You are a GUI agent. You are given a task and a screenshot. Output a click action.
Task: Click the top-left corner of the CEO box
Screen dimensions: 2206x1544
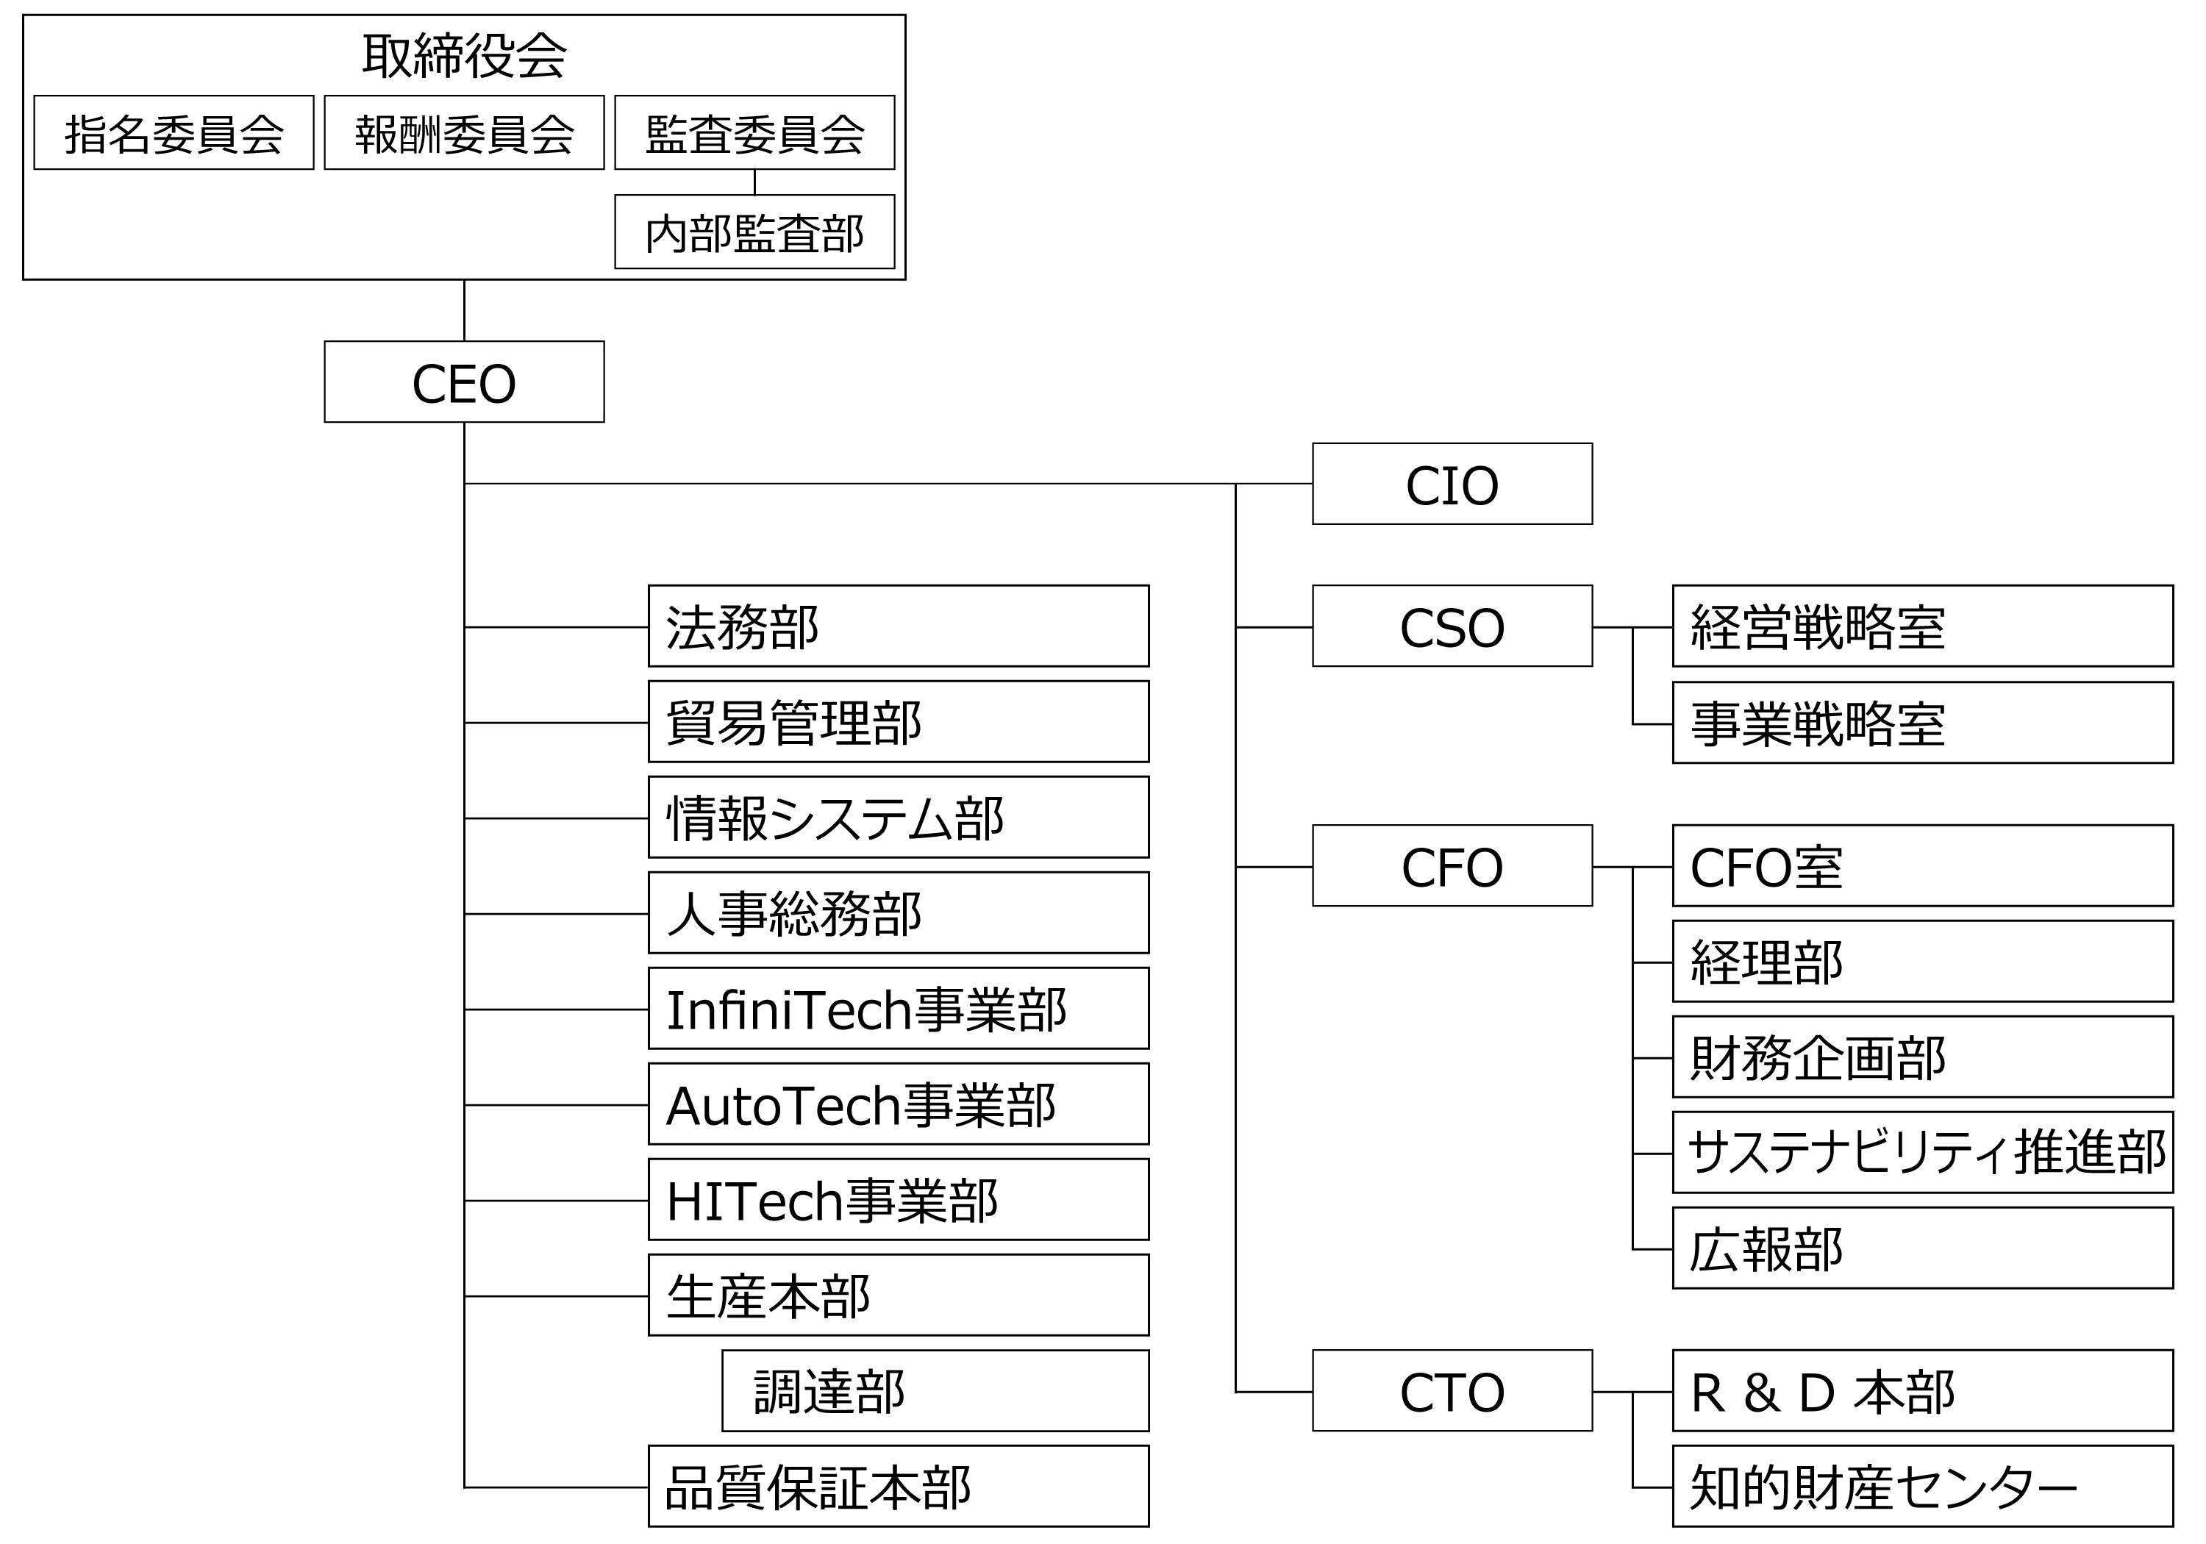(325, 341)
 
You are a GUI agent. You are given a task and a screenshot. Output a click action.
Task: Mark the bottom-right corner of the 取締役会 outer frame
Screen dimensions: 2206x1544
(905, 279)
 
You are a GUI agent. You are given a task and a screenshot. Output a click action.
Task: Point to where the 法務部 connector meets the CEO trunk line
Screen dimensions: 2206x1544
(464, 627)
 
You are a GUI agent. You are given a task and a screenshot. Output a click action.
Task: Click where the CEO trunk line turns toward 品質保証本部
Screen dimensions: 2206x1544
(464, 1487)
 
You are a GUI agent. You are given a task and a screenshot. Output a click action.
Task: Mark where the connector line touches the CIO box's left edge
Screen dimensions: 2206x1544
(1313, 485)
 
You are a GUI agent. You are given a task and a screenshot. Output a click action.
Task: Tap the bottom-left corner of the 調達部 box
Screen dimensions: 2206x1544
(723, 1431)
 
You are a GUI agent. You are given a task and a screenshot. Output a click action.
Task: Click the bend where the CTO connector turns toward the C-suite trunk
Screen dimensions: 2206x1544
(1235, 1391)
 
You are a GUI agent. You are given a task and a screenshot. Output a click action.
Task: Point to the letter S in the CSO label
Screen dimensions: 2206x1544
(1452, 629)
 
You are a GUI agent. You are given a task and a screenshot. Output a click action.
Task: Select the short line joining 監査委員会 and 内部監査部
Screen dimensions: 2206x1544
(754, 182)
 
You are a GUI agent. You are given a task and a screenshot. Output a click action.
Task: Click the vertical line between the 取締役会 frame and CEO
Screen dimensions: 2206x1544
(464, 310)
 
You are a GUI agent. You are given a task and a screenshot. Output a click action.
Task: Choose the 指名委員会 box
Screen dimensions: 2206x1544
(174, 132)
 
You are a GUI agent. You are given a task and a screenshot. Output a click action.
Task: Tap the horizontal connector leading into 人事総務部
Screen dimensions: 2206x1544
(557, 914)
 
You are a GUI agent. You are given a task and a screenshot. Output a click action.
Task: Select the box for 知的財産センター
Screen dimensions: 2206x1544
(1923, 1487)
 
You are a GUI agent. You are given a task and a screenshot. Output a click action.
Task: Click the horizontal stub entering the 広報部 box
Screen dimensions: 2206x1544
(1652, 1249)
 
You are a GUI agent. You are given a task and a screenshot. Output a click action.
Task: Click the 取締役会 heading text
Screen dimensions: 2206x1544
(464, 56)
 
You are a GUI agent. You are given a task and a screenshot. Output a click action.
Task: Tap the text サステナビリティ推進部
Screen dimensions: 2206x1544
(1927, 1153)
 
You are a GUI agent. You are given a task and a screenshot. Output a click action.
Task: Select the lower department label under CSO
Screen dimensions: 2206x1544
(1818, 723)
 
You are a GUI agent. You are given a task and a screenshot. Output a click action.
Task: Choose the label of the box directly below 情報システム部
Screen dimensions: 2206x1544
(793, 914)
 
